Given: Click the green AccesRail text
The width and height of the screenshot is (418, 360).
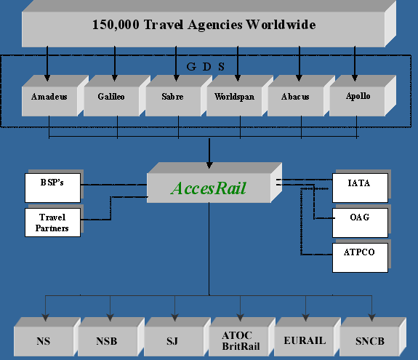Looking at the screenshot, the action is (x=209, y=188).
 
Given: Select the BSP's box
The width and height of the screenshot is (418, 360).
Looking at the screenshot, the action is (x=52, y=188).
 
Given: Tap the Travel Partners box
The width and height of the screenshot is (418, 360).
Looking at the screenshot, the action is (x=52, y=223).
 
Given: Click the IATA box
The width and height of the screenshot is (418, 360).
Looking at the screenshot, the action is (x=360, y=188).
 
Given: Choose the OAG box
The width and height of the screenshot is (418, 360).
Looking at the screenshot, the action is (x=360, y=223).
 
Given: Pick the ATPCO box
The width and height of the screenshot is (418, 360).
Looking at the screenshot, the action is (x=360, y=257).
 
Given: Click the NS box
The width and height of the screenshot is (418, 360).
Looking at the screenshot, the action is (x=47, y=337).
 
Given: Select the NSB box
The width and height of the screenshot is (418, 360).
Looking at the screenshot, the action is (x=111, y=337).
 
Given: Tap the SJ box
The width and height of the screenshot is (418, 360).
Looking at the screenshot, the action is (x=177, y=337).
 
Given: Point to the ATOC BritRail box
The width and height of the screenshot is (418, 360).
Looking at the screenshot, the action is (x=242, y=337).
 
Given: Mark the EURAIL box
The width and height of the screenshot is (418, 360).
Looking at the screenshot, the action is (x=308, y=337).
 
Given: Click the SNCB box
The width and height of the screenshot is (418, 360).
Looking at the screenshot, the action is (x=373, y=337).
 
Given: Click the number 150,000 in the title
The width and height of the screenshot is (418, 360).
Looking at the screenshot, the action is (x=116, y=25).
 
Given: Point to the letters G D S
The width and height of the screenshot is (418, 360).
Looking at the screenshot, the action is (x=206, y=67).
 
